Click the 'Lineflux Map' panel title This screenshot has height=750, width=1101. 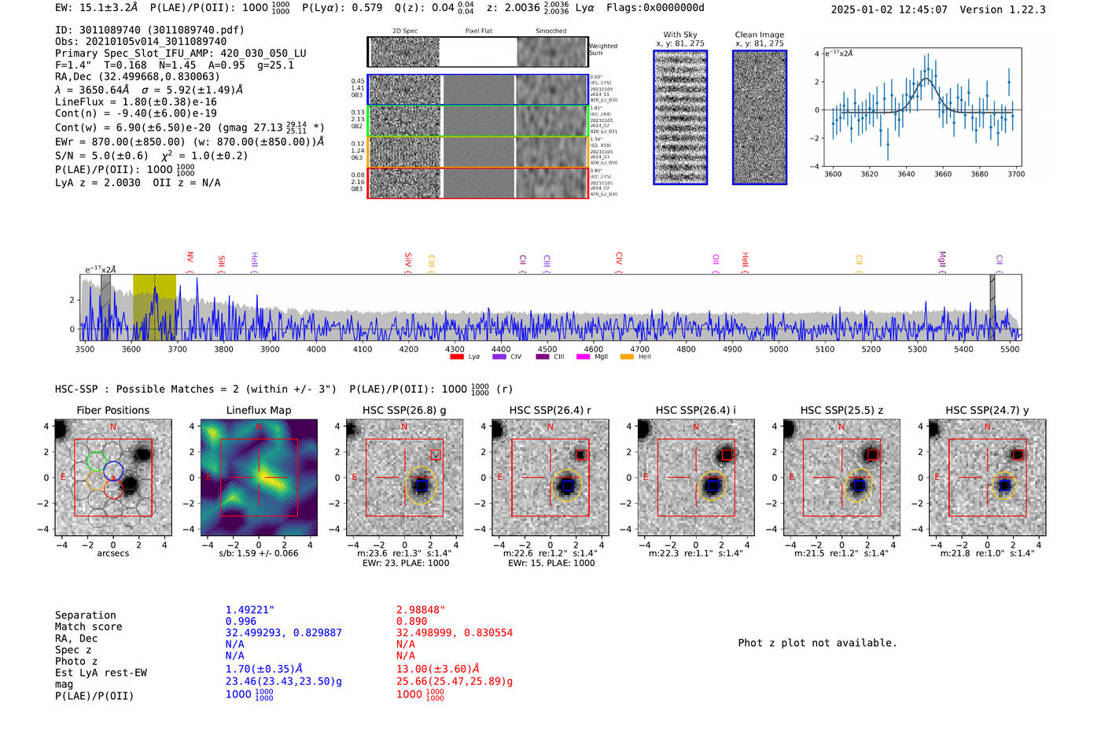coord(258,410)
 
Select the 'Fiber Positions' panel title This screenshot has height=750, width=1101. coord(112,410)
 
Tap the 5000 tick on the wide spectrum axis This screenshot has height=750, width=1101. coord(779,349)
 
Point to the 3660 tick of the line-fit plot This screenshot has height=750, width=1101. coord(942,174)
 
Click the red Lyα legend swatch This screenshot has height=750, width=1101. coord(457,357)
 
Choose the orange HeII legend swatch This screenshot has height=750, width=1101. coord(627,357)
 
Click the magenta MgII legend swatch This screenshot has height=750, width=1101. coord(583,357)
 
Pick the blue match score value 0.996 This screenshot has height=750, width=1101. coord(241,621)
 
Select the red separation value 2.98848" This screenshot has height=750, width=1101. coord(421,610)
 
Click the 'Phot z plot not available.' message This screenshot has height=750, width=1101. coord(817,643)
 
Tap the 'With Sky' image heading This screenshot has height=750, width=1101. coord(680,35)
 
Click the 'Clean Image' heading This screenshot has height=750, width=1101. coord(759,35)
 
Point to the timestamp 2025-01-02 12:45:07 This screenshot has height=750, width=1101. coord(889,9)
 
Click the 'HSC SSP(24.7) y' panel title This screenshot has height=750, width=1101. coord(987,410)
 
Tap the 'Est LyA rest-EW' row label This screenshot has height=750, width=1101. coord(101,673)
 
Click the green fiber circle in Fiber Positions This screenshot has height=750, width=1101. coord(96,461)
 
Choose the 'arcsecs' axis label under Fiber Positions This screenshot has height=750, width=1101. coord(112,553)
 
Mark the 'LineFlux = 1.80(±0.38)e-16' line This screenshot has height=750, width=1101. coord(135,102)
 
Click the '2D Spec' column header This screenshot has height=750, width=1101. coord(405,31)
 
